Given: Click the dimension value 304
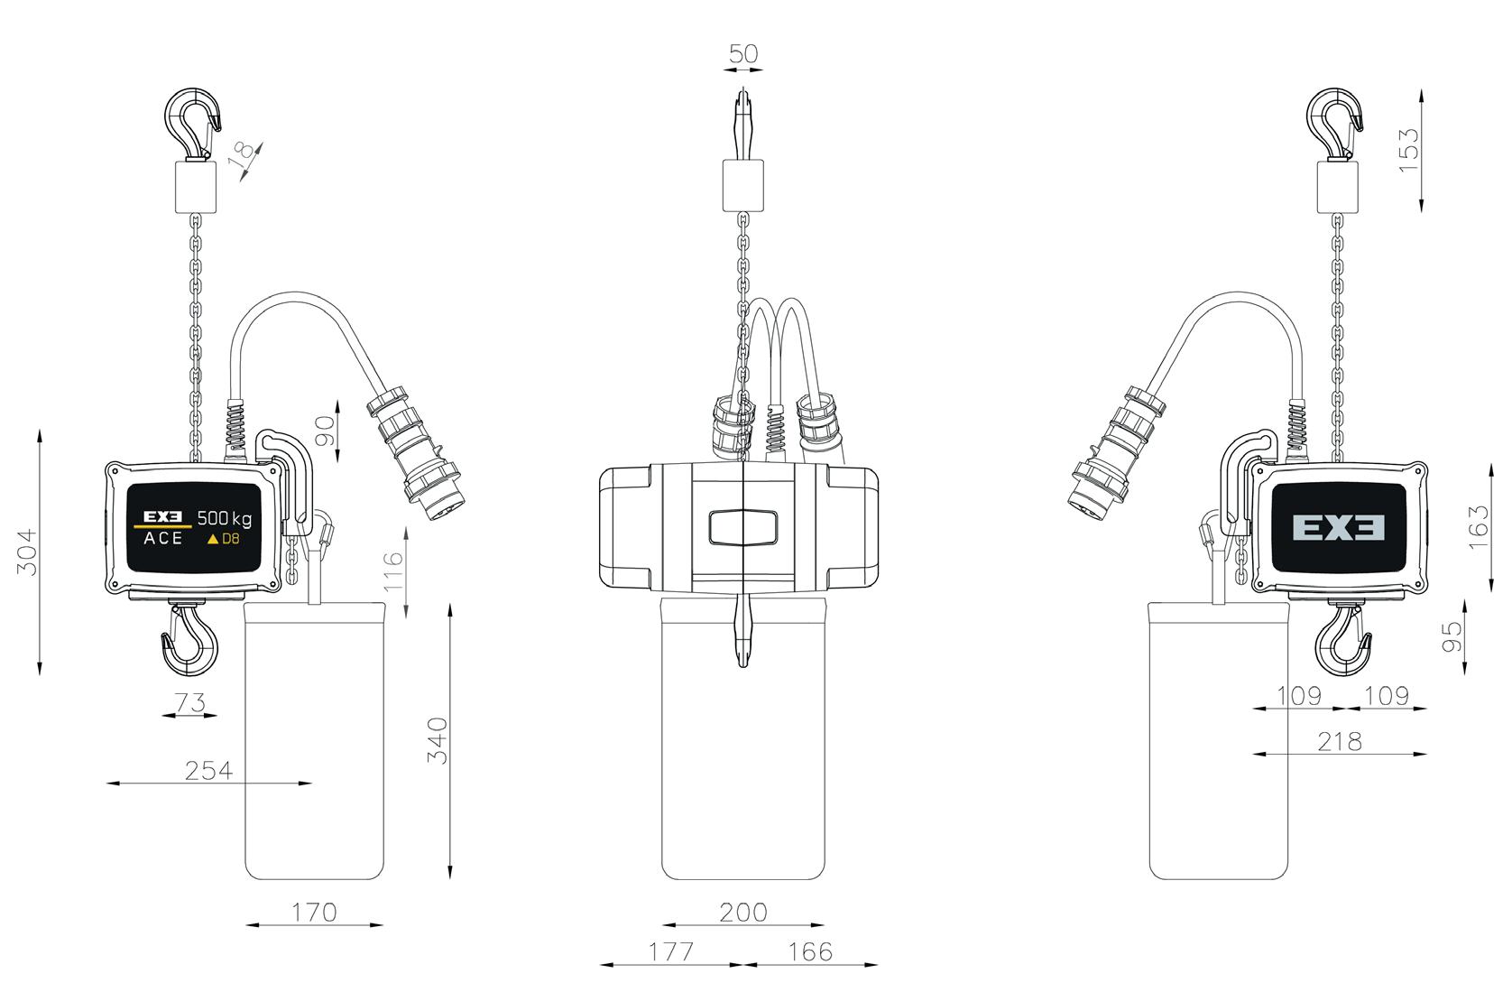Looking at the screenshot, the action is click(27, 552).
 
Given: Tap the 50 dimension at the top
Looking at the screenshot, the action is click(743, 53).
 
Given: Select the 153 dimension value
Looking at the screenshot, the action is click(1409, 149).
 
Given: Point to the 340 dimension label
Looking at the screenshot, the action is click(438, 740).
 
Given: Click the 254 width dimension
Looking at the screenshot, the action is click(208, 770).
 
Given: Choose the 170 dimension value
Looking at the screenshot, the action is click(314, 912).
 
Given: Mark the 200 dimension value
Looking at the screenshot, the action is click(743, 912).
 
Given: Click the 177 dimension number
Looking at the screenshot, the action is click(671, 952).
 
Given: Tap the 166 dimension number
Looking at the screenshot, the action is click(811, 952).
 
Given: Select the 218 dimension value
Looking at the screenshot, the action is click(1340, 742).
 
